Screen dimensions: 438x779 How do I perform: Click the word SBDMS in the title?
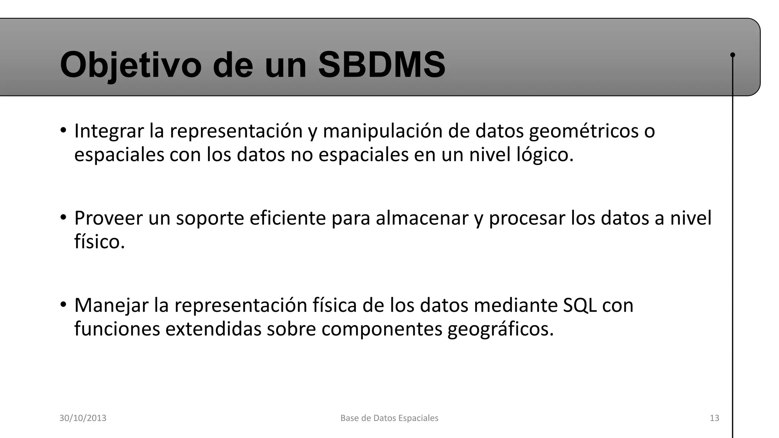click(x=382, y=65)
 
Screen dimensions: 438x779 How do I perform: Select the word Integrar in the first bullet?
click(x=109, y=131)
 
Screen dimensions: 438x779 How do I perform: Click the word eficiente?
click(x=288, y=218)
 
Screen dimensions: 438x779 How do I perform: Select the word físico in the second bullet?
click(x=99, y=242)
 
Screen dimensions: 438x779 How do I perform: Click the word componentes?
click(x=382, y=329)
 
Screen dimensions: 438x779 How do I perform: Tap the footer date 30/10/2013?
click(x=83, y=418)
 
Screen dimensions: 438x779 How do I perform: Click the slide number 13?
click(x=714, y=418)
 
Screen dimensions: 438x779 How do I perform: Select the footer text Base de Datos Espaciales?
click(x=389, y=418)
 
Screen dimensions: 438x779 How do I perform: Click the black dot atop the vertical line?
click(x=733, y=55)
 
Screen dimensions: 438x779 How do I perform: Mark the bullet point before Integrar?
click(x=63, y=130)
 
